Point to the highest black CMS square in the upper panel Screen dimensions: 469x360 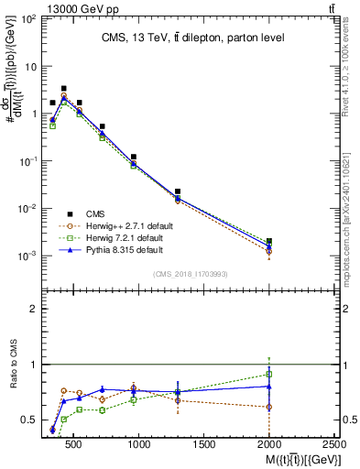coord(63,89)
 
